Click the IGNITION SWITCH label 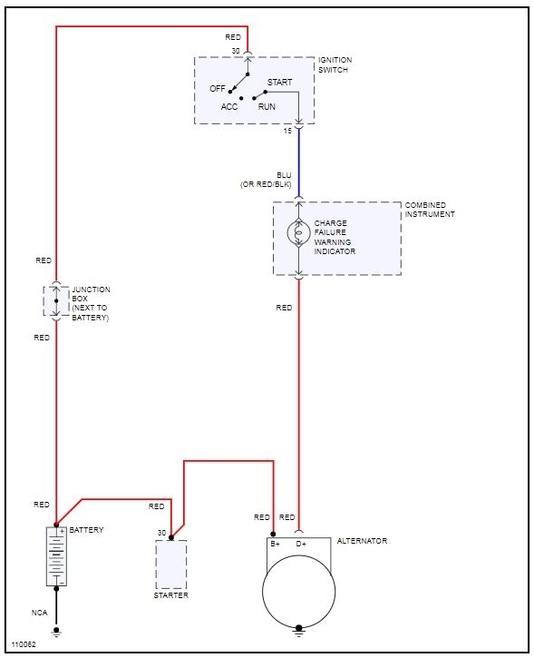(x=335, y=65)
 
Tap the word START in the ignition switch (x=279, y=83)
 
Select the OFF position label (x=217, y=89)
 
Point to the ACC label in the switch (x=228, y=107)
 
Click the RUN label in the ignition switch (x=267, y=107)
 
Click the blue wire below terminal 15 (x=299, y=162)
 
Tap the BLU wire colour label (x=284, y=175)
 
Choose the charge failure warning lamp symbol (x=298, y=232)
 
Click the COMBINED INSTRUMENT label (x=429, y=210)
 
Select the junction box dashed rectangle (x=56, y=301)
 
